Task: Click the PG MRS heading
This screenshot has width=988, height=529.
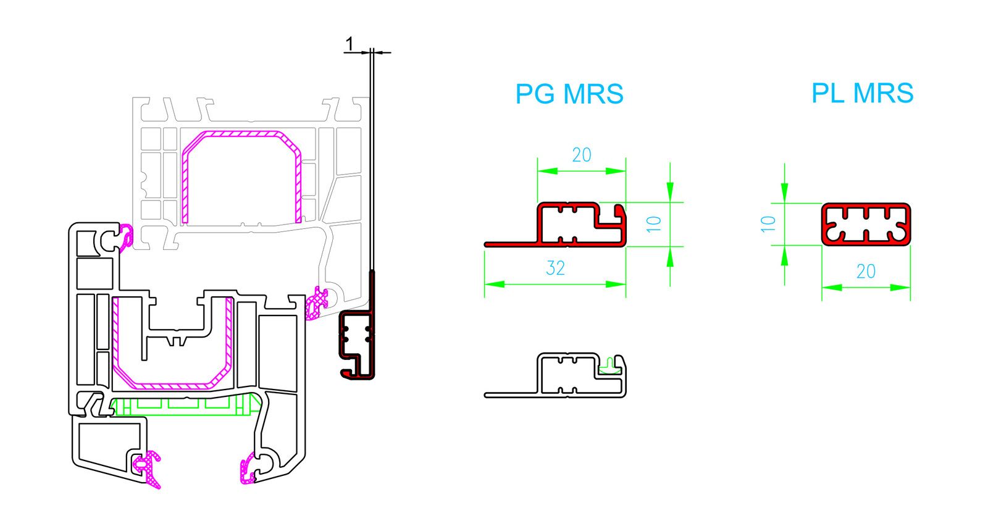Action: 569,94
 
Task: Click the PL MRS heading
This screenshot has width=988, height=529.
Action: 862,93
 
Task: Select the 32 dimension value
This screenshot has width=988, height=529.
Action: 555,268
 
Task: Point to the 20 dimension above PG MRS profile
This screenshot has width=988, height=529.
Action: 581,155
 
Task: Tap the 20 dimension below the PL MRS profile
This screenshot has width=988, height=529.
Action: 866,271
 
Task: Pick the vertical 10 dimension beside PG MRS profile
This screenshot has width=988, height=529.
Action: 655,223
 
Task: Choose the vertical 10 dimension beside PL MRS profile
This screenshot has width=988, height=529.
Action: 769,223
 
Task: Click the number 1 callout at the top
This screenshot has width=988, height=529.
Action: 350,44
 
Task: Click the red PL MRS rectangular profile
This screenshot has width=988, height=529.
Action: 866,224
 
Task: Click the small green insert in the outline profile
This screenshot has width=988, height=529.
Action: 611,366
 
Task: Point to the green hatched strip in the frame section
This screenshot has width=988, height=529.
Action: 185,406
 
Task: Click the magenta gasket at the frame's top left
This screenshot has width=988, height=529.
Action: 127,236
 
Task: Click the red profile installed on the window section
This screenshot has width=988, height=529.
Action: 356,346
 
